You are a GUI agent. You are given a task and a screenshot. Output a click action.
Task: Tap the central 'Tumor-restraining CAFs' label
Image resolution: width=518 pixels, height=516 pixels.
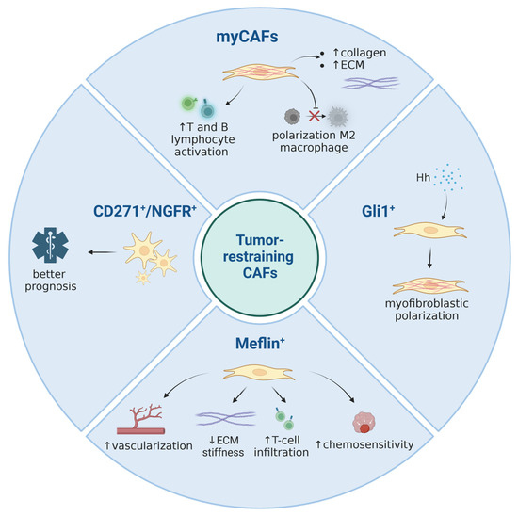click(x=258, y=259)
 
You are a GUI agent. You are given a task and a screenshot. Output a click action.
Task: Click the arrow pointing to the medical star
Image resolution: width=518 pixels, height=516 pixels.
click(x=98, y=251)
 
